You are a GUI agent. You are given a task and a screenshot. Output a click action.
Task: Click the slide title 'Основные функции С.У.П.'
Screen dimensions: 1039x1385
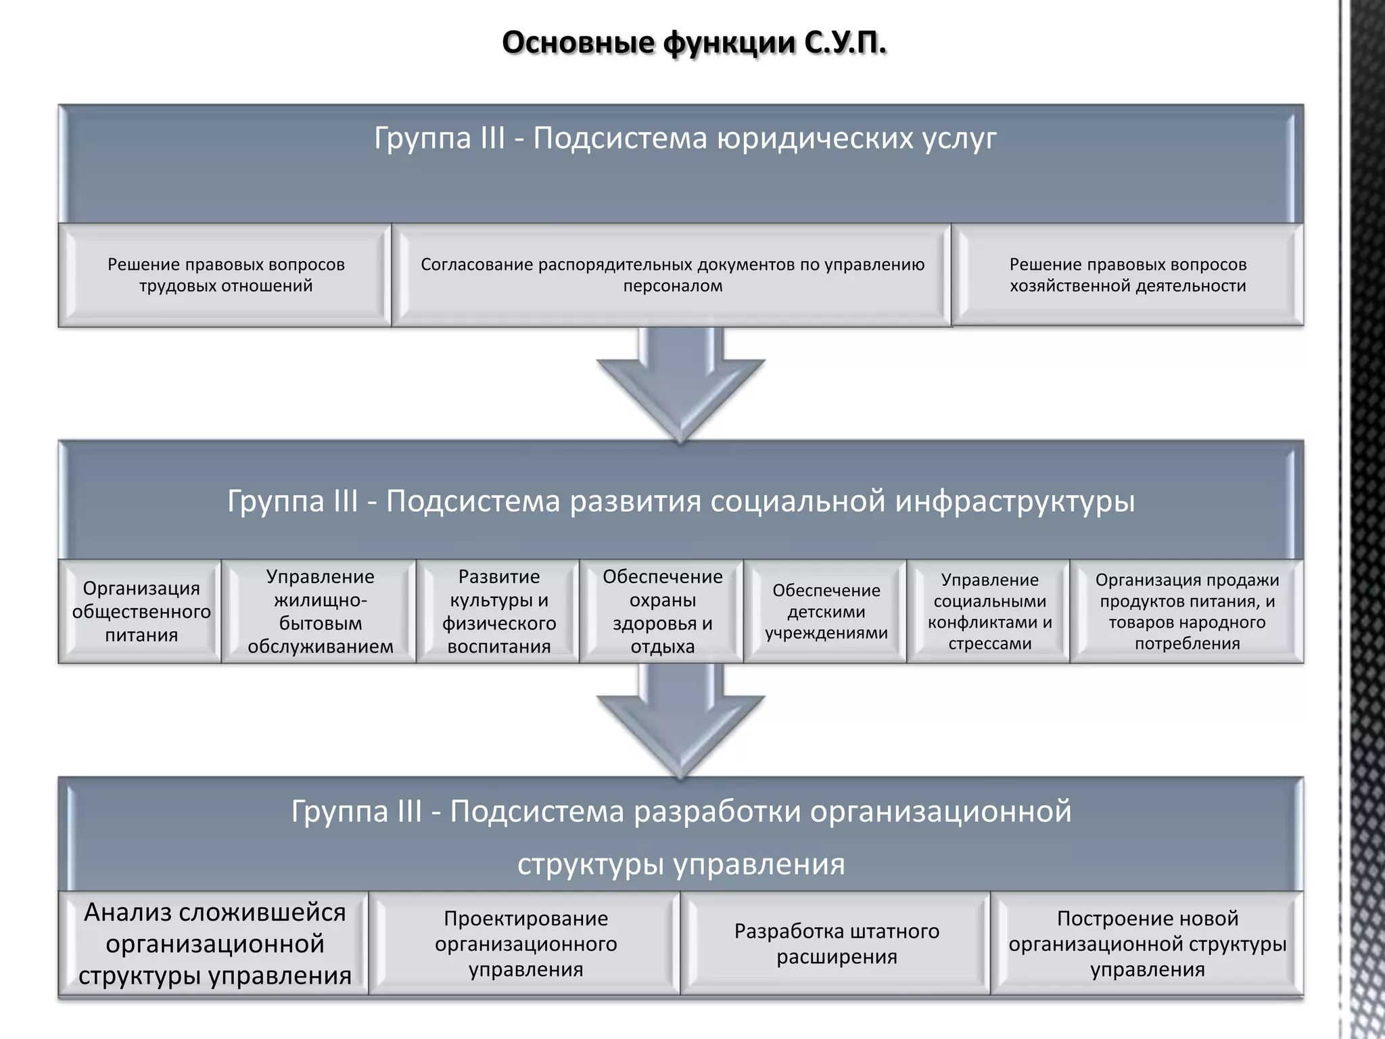[x=694, y=43]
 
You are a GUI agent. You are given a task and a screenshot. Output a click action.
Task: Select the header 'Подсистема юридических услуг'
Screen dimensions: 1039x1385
[x=684, y=139]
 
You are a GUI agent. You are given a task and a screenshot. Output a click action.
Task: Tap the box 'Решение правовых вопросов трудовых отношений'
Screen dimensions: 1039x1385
[x=225, y=275]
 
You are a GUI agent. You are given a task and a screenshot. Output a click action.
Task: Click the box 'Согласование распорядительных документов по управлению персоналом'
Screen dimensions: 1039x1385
[x=672, y=275]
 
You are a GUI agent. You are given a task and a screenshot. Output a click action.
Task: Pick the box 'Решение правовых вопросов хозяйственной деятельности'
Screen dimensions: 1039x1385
[x=1127, y=275]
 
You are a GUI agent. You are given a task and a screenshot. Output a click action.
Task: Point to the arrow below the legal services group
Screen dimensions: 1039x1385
[x=680, y=386]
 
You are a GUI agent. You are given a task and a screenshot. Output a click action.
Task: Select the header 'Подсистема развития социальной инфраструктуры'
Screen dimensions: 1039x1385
[x=680, y=501]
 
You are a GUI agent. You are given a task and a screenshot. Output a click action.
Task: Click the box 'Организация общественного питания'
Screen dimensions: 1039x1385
[x=141, y=611]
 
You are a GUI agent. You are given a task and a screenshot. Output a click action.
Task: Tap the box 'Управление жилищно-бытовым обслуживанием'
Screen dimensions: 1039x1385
[x=320, y=611]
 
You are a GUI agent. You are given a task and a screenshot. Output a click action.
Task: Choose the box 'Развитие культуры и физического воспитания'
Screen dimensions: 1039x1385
[x=498, y=611]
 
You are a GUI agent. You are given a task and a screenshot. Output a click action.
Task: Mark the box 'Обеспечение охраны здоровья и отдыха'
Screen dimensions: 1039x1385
[x=662, y=611]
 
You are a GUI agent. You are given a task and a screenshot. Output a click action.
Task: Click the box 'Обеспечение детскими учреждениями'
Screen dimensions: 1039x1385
[x=826, y=611]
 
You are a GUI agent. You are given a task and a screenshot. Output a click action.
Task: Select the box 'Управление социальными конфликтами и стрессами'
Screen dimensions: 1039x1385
[x=989, y=611]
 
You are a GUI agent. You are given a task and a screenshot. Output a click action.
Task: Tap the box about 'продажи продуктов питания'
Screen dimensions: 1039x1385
[x=1187, y=611]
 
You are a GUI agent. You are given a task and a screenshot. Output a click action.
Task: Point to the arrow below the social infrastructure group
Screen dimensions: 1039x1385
[x=680, y=721]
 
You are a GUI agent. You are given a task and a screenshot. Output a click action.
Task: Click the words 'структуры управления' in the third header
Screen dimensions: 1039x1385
[x=680, y=864]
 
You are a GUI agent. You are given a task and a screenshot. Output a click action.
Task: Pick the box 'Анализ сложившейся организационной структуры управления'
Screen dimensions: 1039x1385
[x=214, y=944]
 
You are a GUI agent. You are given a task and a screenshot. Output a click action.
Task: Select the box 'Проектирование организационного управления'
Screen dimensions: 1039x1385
[x=525, y=944]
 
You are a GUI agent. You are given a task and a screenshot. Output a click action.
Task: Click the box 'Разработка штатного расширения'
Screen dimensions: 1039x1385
[x=837, y=944]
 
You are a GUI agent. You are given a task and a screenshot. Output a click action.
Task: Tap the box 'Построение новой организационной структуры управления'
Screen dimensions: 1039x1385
[x=1147, y=944]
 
